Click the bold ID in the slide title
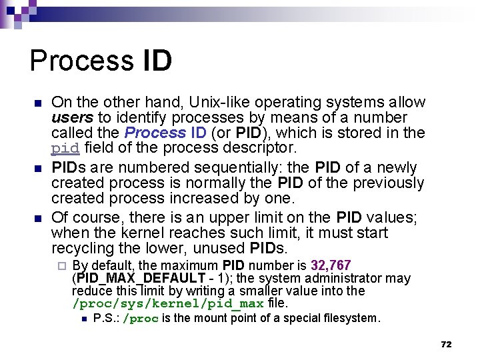point(157,61)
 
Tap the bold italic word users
point(69,117)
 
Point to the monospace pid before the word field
point(65,147)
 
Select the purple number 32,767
point(331,266)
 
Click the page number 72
point(446,344)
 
